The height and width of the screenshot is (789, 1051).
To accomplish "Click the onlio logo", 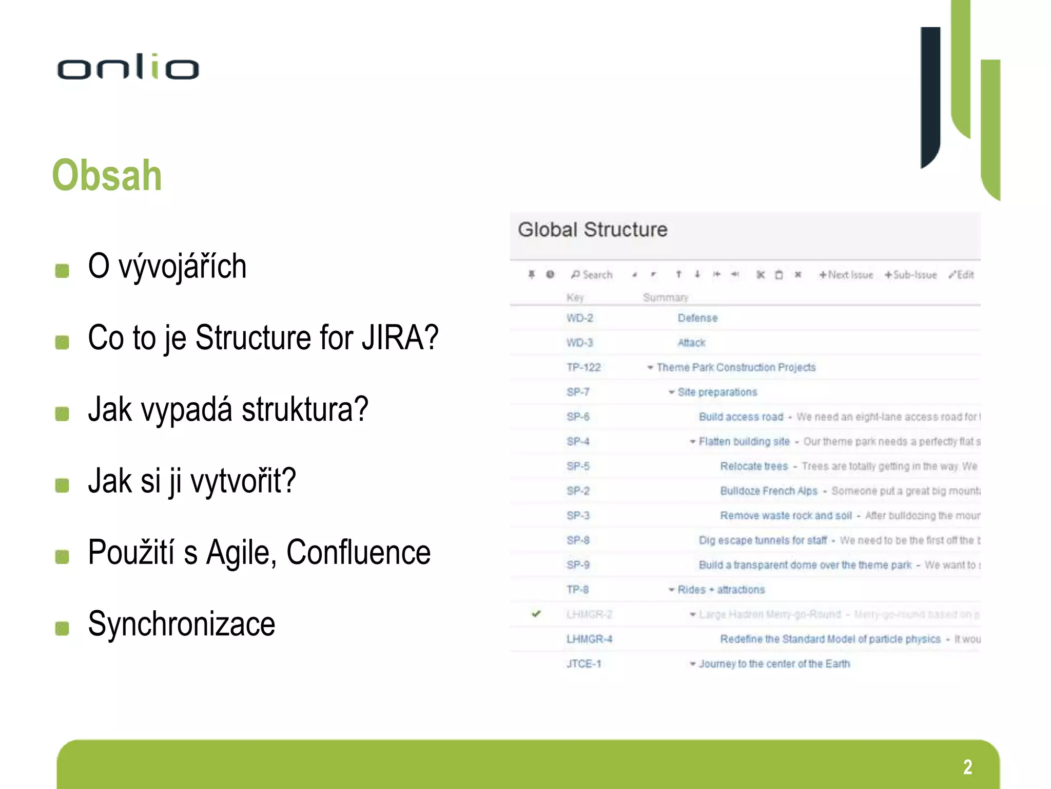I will pos(128,67).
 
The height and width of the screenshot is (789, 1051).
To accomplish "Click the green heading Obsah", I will pos(107,176).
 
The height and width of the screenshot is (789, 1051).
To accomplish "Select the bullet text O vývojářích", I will pos(167,267).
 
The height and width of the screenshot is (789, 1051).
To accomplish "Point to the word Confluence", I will pos(358,553).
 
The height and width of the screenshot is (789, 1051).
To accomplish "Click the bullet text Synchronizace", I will pos(181,624).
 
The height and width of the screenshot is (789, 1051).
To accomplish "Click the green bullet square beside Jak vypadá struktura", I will pos(62,414).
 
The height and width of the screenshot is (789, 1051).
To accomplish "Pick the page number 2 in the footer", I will pos(967,767).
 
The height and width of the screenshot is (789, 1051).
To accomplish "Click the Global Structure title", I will pos(592,230).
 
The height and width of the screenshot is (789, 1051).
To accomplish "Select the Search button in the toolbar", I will pos(592,275).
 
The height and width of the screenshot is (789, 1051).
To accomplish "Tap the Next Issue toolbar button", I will pos(846,275).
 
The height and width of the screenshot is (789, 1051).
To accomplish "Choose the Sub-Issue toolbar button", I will pos(911,275).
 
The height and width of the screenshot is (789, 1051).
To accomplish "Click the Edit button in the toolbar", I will pos(961,275).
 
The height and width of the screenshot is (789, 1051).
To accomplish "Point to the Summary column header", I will pos(665,297).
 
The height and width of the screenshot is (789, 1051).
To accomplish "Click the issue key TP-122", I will pos(583,367).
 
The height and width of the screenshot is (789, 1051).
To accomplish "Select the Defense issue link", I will pos(697,318).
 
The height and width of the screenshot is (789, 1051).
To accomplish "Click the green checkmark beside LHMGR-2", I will pos(536,614).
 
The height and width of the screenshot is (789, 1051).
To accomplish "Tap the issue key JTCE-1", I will pos(583,664).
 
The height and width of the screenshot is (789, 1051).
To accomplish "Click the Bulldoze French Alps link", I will pos(768,491).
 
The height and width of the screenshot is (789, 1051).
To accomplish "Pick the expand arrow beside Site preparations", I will pos(671,392).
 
